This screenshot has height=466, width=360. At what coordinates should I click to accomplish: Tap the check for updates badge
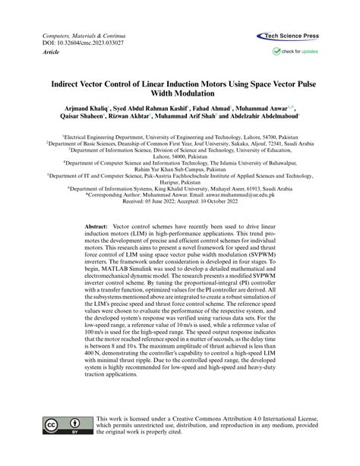(x=296, y=52)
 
